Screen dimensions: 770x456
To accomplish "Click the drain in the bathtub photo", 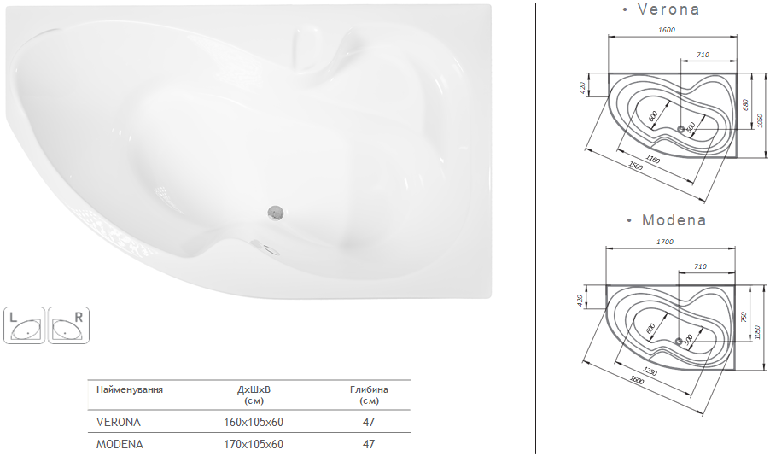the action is pos(276,212).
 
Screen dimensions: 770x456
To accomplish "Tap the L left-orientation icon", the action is pos(25,325).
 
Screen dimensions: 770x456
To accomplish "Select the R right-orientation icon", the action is pos(69,325).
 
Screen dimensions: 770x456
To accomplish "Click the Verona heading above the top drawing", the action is pos(668,9).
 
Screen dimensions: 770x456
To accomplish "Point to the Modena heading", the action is pos(674,219).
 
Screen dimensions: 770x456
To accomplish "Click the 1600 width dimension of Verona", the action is pos(667,30).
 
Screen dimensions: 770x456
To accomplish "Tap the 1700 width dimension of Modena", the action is pos(665,242).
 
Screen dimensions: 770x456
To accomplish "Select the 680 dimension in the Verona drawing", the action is pos(745,106).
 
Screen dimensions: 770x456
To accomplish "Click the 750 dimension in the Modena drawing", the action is pos(743,317).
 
